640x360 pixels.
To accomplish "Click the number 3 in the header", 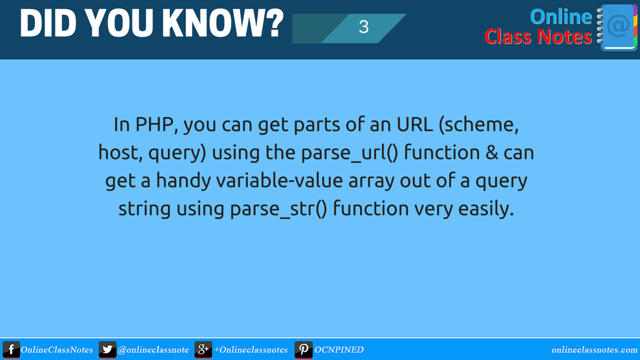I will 363,27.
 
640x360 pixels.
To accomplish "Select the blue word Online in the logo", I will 560,16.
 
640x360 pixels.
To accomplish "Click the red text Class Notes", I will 538,37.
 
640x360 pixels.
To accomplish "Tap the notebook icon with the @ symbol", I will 618,27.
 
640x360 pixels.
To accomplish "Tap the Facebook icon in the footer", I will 11,349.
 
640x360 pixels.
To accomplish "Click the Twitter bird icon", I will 107,349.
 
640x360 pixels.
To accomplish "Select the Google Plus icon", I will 203,349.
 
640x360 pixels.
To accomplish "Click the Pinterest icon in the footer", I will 303,349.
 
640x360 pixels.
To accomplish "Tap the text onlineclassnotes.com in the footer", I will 594,350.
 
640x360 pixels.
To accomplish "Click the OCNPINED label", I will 339,350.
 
